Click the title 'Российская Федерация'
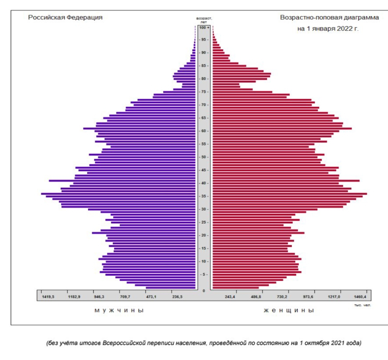click(x=65, y=18)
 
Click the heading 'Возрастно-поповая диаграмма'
click(x=329, y=18)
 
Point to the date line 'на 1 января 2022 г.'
click(x=328, y=29)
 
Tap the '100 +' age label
click(x=204, y=27)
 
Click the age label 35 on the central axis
click(x=204, y=196)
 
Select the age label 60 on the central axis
click(x=204, y=131)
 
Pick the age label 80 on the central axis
click(x=204, y=79)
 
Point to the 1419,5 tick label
click(x=48, y=297)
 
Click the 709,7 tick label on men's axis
click(x=125, y=297)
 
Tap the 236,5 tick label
click(x=177, y=297)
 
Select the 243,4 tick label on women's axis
click(x=230, y=297)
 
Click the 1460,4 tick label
click(x=360, y=297)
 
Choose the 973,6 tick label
click(x=308, y=297)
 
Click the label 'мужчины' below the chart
click(x=119, y=310)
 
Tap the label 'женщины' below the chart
click(x=289, y=310)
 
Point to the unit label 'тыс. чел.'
click(x=362, y=305)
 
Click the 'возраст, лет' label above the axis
click(x=204, y=20)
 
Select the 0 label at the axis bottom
click(x=204, y=291)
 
